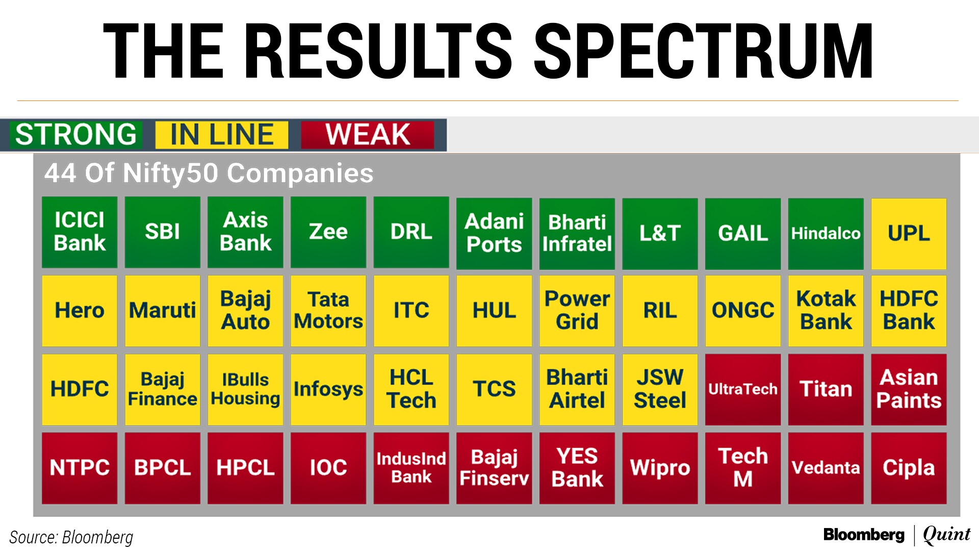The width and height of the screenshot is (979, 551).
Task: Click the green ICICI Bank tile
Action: coord(80,232)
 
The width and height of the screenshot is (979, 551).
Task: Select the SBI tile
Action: coord(163,232)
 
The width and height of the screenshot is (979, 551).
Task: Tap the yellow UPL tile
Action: coord(909,234)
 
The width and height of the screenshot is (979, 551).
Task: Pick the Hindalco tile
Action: coord(826,234)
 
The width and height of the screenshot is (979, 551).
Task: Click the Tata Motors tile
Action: coord(328,311)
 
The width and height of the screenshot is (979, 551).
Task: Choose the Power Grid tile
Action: coord(577,311)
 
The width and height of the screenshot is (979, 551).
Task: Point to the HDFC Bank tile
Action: coord(909,311)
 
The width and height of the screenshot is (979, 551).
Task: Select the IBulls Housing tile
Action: coord(245,389)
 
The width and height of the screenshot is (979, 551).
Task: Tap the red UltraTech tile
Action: coord(743,389)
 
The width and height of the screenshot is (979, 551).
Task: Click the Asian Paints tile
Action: coord(909,389)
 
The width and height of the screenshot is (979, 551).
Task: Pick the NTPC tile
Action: coord(80,468)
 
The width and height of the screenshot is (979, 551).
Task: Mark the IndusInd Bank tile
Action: coord(411,468)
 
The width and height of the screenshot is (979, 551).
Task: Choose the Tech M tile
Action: coord(743,468)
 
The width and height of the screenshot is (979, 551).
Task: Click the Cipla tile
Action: coord(909,468)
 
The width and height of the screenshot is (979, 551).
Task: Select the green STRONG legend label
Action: coord(76,135)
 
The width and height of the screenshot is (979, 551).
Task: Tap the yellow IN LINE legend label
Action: coord(222,135)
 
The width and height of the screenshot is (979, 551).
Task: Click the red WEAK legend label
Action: coord(368,135)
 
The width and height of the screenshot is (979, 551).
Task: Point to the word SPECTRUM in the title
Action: coord(704,51)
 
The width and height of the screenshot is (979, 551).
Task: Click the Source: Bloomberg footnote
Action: coord(71,537)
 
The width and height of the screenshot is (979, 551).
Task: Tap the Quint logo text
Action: coord(947,535)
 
